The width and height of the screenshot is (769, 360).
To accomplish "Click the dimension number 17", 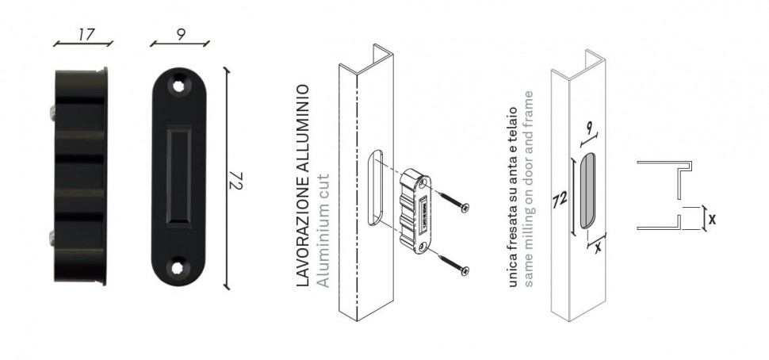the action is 86,34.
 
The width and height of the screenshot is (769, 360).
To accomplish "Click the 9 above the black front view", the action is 181,35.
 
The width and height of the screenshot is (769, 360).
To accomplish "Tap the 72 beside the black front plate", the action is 236,180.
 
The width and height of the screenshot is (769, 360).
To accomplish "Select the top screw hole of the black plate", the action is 178,86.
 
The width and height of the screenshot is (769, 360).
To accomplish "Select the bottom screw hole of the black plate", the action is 178,267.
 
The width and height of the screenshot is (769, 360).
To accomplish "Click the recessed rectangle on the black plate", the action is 178,177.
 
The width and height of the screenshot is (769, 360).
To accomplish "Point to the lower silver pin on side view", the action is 52,239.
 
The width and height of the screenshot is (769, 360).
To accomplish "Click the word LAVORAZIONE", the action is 304,230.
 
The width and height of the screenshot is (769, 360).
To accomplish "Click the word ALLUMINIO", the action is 304,128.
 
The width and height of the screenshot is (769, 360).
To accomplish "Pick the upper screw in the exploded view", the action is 455,202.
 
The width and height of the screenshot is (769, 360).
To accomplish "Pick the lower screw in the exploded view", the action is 455,262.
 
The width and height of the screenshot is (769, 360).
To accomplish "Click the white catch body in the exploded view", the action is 415,211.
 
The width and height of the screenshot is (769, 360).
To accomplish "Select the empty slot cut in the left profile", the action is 375,187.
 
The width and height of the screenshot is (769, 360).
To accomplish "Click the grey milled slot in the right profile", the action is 587,191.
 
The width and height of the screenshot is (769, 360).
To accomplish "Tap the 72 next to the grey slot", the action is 560,200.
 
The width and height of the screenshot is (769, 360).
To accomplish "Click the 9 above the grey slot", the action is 588,129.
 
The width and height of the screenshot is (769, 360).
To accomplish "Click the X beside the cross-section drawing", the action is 712,220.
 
